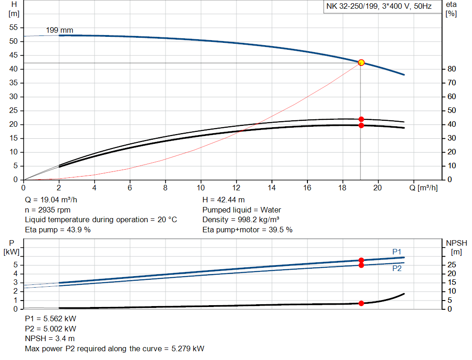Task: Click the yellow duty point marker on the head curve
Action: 361,63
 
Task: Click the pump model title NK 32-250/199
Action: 354,7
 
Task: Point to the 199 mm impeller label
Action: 59,30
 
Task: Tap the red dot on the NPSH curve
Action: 361,303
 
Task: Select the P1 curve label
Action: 397,251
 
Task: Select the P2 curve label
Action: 397,268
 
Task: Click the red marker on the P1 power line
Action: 361,260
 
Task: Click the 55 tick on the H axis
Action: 13,28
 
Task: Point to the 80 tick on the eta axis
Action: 451,69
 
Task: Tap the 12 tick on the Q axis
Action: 236,188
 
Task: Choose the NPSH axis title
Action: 456,243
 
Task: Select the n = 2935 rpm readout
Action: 48,210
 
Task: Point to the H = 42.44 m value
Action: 224,200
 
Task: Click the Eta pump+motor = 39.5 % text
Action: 248,229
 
